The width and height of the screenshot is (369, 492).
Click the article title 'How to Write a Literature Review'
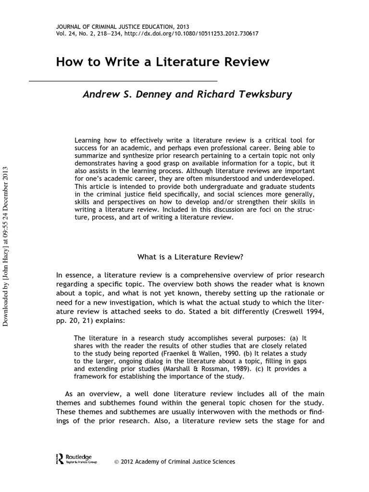coord(163,62)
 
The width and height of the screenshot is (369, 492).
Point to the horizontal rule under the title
coord(123,80)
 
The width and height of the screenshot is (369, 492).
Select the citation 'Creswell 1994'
coord(302,312)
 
